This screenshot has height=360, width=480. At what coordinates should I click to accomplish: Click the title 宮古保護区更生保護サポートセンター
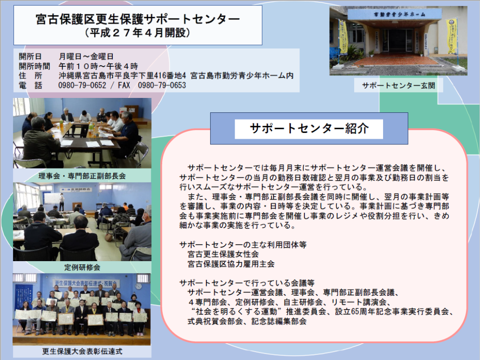tap(138, 19)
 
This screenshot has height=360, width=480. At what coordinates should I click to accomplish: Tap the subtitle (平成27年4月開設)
tap(138, 33)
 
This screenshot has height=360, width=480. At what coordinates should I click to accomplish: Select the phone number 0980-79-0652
tap(83, 85)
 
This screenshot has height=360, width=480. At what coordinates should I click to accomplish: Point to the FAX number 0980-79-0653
tap(162, 85)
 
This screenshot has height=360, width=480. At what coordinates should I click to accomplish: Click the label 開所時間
tap(34, 66)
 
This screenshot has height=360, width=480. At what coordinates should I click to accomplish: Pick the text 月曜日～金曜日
tap(86, 56)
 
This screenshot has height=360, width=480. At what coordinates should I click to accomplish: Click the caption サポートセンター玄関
tap(398, 85)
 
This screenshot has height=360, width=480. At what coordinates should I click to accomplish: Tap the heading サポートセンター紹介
tap(309, 128)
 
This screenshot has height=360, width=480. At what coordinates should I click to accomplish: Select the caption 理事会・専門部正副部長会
tap(82, 176)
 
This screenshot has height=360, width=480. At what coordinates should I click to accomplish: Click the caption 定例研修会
tap(82, 267)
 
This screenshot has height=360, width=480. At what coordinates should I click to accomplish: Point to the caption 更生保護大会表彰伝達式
tap(82, 351)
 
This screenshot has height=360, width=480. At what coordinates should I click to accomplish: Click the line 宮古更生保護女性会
tap(223, 254)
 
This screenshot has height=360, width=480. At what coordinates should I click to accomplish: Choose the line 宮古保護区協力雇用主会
tap(231, 264)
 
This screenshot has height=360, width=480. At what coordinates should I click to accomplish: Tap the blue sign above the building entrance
tap(395, 14)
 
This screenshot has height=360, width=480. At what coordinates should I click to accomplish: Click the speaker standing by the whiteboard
tap(62, 202)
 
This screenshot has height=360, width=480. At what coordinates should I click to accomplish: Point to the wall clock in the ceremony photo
tap(138, 286)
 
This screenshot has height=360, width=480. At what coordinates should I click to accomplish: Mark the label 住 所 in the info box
tap(30, 76)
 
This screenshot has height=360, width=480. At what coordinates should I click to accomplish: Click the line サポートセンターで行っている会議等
tap(247, 283)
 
